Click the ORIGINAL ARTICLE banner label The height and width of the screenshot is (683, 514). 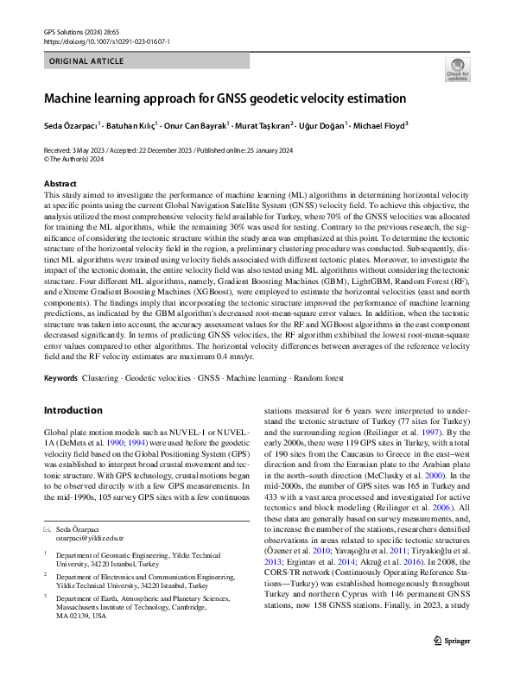coord(86,61)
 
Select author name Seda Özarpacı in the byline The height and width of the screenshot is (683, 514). coord(70,125)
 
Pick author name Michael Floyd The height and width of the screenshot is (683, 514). coord(379,125)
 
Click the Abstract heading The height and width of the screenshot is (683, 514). coord(60,184)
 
